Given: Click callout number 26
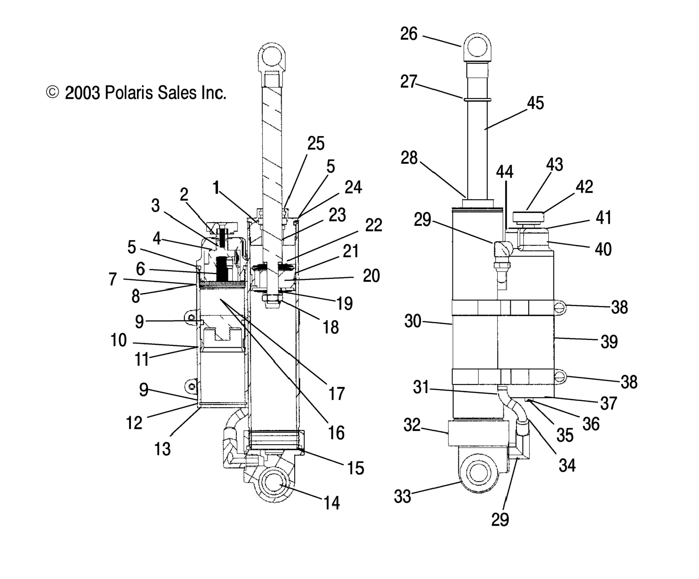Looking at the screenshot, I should click(409, 34).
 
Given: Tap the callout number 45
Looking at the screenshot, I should click(535, 103).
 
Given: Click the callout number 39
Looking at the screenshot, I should click(609, 342).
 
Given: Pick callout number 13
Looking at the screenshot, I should click(162, 449).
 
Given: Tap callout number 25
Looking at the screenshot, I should click(315, 144).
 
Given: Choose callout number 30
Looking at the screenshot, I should click(413, 322).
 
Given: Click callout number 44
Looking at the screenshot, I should click(505, 172).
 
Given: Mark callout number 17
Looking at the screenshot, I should click(336, 394).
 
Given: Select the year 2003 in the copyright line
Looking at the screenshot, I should click(82, 93).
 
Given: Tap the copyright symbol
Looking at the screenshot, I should click(52, 93).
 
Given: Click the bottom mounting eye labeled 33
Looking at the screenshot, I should click(478, 473).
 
